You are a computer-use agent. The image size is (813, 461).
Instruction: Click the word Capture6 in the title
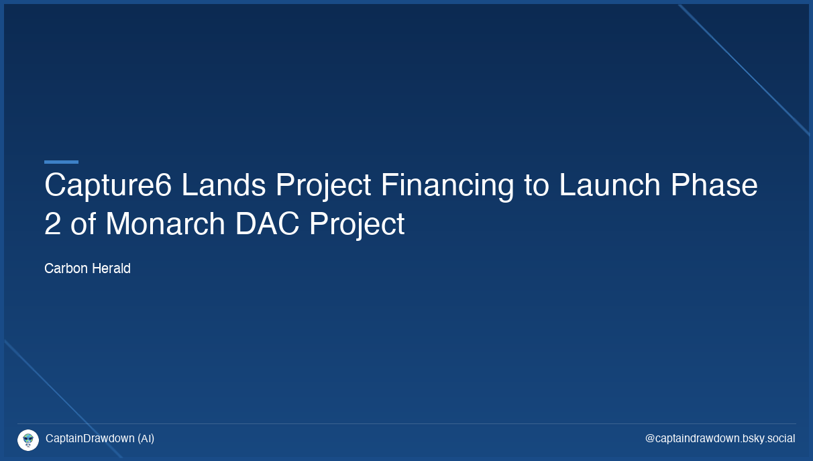click(107, 185)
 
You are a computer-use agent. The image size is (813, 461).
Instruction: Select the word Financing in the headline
click(447, 185)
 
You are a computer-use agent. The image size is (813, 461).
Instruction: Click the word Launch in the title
click(610, 185)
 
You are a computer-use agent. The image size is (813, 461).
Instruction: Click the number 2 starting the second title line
click(52, 224)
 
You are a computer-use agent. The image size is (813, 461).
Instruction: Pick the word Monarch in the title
click(165, 224)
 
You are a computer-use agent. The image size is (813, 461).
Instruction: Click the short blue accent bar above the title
click(61, 162)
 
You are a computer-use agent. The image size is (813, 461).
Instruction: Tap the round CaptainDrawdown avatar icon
click(28, 440)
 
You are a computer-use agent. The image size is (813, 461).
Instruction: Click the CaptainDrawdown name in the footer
click(90, 439)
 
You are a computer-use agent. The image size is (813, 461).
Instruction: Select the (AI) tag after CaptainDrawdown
click(146, 439)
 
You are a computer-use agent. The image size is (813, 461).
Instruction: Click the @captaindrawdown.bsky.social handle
click(720, 439)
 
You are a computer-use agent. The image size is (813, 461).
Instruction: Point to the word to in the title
click(537, 185)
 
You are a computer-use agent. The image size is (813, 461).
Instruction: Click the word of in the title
click(83, 224)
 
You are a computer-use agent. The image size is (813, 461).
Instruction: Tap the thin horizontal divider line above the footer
click(406, 423)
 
